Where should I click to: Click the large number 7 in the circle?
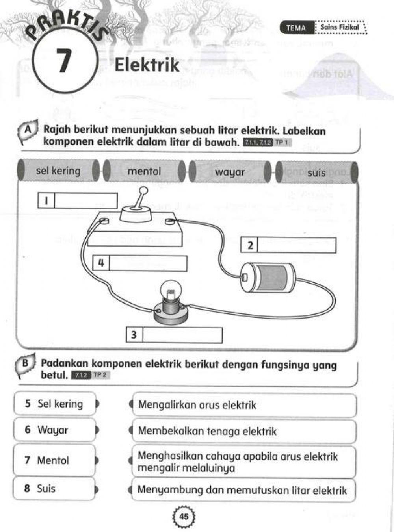pos(63,61)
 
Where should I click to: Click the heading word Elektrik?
pos(147,65)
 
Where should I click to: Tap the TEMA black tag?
pos(296,28)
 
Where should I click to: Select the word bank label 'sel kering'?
pos(58,171)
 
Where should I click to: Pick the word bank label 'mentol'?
pos(144,171)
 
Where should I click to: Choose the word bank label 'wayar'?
pos(230,172)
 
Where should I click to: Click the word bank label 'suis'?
pos(316,173)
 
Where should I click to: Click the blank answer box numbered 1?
pos(85,201)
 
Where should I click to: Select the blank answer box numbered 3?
pos(182,335)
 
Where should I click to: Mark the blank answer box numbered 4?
pos(148,263)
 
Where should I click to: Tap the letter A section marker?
pos(28,130)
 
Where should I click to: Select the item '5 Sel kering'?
pos(54,404)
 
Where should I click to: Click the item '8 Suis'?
pos(54,489)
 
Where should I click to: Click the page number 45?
pos(184,516)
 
